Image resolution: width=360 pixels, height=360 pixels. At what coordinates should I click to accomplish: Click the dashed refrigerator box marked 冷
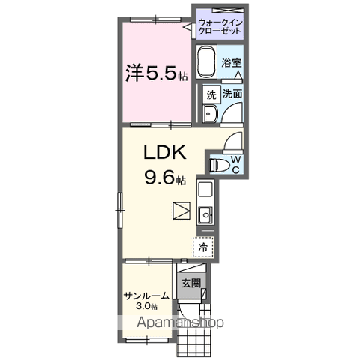203,245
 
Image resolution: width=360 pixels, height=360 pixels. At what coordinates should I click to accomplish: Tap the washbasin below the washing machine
210,113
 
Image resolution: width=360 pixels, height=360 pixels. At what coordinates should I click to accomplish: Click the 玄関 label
190,283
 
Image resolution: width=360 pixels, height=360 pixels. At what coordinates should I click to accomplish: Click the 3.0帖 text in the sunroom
146,307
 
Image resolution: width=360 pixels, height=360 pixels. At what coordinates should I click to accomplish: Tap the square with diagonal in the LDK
181,211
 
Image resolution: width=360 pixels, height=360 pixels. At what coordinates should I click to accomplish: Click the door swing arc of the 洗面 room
233,112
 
